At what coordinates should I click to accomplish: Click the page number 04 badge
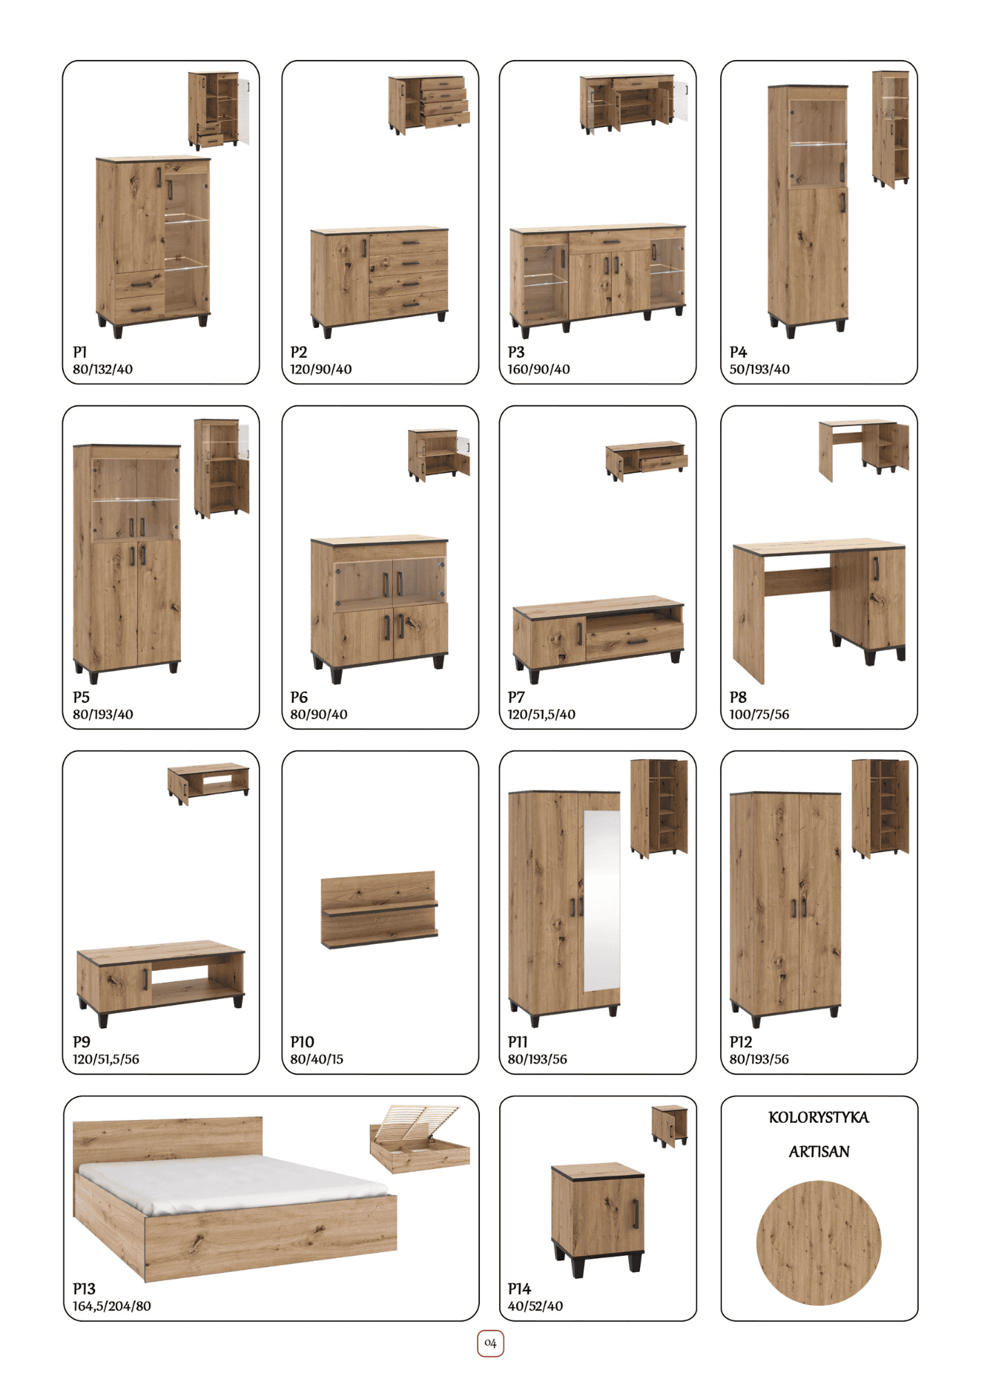pos(490,1343)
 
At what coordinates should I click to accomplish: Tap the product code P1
pos(80,352)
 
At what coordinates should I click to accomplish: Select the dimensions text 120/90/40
pos(321,369)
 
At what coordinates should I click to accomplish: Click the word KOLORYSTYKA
pos(819,1117)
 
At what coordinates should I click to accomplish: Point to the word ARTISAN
pos(819,1152)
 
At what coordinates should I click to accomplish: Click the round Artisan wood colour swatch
pos(819,1243)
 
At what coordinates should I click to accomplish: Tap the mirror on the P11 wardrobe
pos(601,900)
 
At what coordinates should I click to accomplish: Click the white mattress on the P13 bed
pos(231,1182)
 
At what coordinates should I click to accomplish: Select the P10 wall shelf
pos(380,909)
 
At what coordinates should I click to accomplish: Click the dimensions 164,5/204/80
pos(112,1306)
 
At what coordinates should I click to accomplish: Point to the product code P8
pos(738,697)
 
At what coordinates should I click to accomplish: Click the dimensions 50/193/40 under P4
pos(759,369)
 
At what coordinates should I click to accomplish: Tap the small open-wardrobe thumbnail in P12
pos(880,808)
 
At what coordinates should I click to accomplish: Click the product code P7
pos(516,697)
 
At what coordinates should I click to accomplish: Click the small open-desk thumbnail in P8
pos(864,450)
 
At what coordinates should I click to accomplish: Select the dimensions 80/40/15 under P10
pos(317,1059)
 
